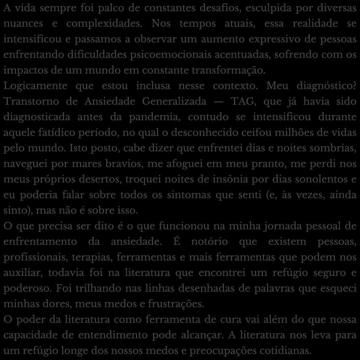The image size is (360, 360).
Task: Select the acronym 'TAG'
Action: click(x=244, y=102)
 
